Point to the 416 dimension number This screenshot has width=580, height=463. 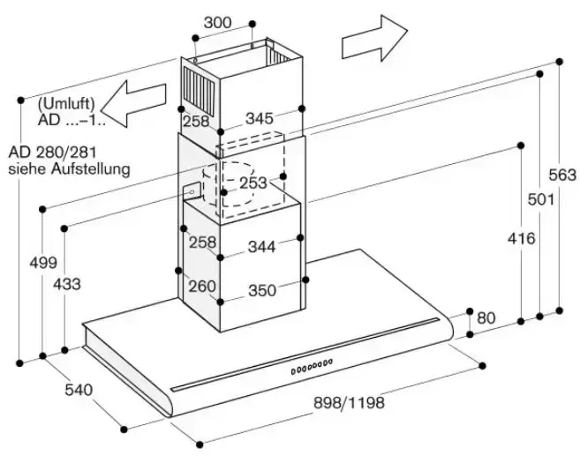519,238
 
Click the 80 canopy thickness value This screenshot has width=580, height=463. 486,317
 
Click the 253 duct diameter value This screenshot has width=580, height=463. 252,183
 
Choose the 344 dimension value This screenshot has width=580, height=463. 261,247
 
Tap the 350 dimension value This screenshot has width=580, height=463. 261,290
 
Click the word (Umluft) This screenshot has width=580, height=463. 66,103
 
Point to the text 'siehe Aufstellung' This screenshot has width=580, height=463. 69,168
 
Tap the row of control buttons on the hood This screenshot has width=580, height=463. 313,364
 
